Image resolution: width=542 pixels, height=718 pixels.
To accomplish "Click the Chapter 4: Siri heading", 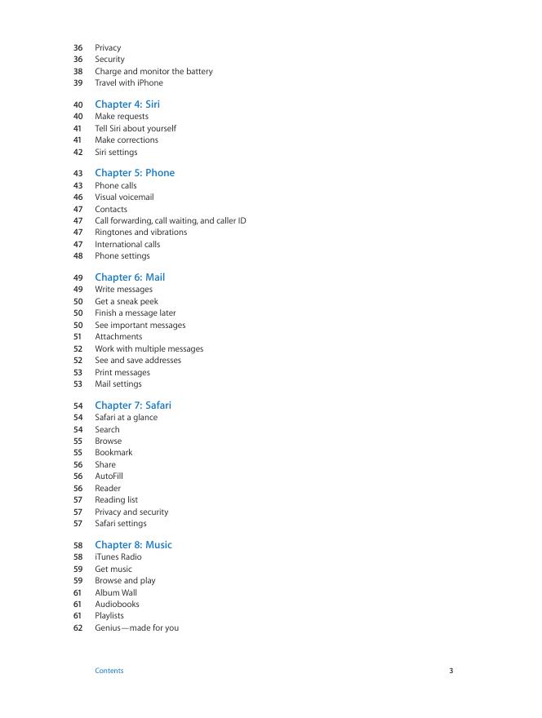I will coord(127,104).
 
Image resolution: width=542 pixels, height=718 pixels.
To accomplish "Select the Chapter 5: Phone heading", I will coord(135,173).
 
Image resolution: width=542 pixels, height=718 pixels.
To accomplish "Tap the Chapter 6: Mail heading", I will coord(130,277).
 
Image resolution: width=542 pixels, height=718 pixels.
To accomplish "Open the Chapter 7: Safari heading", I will coord(133,406).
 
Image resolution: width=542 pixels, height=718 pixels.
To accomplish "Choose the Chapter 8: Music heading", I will coord(133,545).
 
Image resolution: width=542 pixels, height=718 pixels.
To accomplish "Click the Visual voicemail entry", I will coord(124,197).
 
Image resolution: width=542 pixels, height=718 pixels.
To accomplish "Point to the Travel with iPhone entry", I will coord(129,82).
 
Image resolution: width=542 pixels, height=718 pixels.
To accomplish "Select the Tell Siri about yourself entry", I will coord(135,128).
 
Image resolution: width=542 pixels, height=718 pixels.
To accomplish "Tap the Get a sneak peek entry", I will coord(127,301).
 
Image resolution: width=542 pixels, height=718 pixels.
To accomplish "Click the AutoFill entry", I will coord(109,476).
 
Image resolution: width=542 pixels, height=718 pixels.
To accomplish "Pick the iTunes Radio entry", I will coord(118,557).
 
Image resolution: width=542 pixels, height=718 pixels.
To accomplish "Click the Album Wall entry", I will coord(116,592).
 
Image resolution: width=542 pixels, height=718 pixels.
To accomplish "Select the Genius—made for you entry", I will coord(137,628).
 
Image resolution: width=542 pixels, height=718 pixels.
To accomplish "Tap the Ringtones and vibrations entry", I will coord(141,232).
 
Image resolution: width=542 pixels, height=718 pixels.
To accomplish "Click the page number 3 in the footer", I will coord(451,671).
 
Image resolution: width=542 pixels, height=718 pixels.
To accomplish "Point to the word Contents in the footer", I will coord(109,671).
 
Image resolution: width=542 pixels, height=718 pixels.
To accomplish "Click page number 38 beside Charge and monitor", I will coord(78,71).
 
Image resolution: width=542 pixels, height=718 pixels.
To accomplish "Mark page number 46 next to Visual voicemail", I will coord(78,197).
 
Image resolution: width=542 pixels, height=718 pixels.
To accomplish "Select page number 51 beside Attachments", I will coord(78,336).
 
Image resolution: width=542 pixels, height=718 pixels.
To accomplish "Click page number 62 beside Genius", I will coord(78,628).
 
